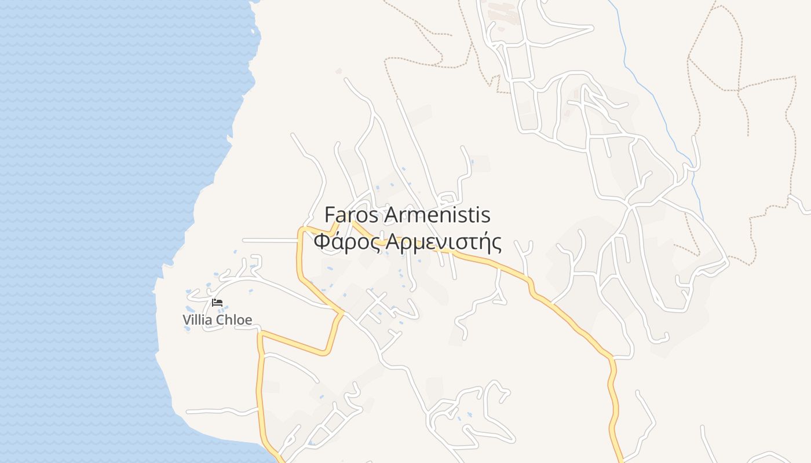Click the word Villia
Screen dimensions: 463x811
(x=198, y=320)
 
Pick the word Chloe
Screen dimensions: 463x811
(x=234, y=320)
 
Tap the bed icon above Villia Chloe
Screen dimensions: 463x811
(x=217, y=302)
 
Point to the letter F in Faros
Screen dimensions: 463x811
(x=330, y=215)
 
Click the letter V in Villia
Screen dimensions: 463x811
(x=187, y=320)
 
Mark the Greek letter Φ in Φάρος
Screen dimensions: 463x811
(x=322, y=242)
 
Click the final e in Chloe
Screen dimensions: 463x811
(x=247, y=321)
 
